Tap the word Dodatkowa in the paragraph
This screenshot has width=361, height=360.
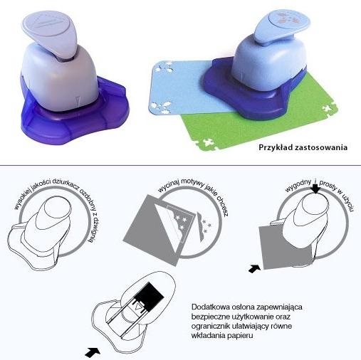(x=207, y=307)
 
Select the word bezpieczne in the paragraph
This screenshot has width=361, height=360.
(x=209, y=317)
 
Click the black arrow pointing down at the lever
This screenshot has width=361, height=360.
(x=315, y=189)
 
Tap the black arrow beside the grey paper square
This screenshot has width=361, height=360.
(x=254, y=269)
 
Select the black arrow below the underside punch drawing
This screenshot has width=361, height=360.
(x=93, y=351)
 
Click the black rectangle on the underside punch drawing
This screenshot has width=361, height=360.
(x=149, y=297)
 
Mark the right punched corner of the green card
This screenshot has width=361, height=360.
(x=330, y=108)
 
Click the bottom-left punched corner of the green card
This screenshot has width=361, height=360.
(x=206, y=144)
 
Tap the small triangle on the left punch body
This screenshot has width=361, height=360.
(x=78, y=101)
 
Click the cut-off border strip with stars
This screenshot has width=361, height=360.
(x=202, y=227)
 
